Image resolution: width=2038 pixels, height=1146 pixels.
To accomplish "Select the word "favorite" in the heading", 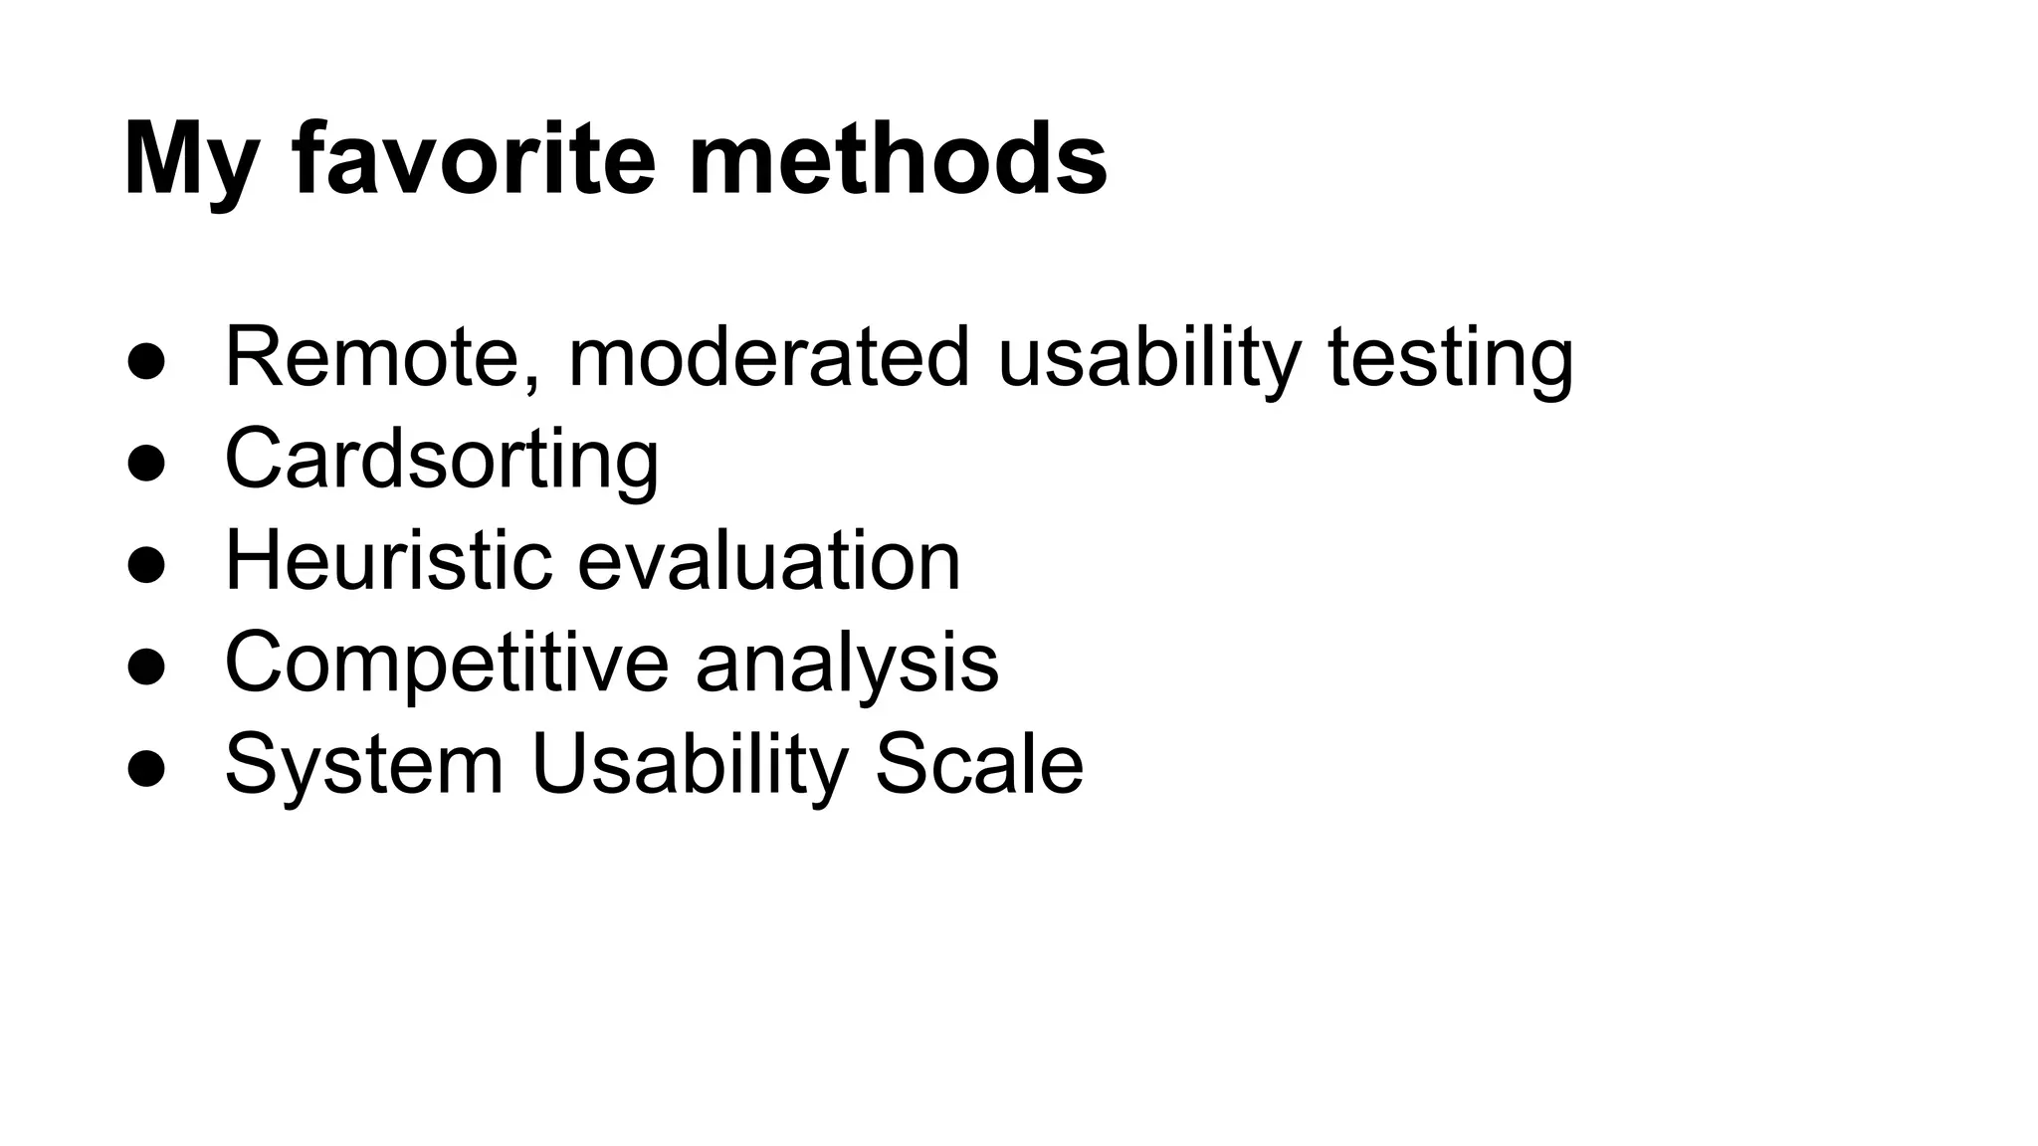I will (x=474, y=159).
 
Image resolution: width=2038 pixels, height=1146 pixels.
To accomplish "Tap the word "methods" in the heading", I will (x=898, y=159).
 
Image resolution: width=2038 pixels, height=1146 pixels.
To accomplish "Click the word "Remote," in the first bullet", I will (x=383, y=357).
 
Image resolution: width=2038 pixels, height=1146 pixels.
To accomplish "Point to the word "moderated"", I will (x=768, y=357).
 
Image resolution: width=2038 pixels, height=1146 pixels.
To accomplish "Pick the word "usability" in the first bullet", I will (x=1149, y=357).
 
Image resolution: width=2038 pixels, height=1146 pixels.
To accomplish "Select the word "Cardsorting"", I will (x=442, y=460).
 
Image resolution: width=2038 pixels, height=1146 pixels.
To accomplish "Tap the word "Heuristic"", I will (x=388, y=560).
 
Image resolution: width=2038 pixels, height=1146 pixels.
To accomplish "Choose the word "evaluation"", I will (x=768, y=560).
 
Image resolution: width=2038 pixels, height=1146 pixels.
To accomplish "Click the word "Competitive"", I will (x=447, y=664).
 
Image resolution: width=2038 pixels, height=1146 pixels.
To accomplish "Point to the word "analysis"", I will (x=847, y=664).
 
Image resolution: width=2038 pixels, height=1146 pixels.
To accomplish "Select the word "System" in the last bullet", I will (x=364, y=765).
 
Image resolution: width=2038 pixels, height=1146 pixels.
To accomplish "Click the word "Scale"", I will (x=978, y=765).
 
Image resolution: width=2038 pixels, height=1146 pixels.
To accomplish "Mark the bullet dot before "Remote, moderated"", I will (x=145, y=362).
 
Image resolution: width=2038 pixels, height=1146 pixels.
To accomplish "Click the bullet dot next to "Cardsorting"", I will (x=145, y=464).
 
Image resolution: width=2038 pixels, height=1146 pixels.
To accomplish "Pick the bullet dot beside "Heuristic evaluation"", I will (x=145, y=565).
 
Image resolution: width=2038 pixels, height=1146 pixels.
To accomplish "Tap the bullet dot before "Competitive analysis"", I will (x=145, y=668).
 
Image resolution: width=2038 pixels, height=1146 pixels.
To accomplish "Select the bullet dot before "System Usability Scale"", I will (x=145, y=769).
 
